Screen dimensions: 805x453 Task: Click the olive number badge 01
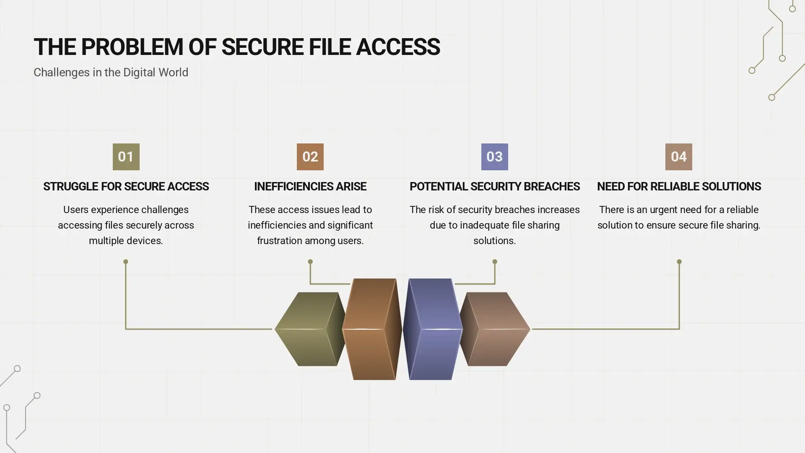pos(126,156)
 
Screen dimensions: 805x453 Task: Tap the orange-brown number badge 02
pos(310,156)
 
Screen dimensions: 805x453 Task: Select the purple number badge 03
pos(494,156)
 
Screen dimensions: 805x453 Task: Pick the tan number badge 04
pos(678,156)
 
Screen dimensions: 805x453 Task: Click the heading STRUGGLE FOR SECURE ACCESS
pos(126,187)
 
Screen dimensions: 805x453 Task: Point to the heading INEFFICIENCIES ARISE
pos(310,187)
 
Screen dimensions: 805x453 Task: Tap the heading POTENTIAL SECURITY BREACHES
pos(494,187)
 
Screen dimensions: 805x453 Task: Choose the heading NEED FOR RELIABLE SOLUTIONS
pos(679,187)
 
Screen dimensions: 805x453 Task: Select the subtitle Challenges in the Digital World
pos(111,73)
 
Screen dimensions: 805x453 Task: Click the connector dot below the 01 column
pos(126,262)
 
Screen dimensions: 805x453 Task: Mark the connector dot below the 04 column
pos(679,262)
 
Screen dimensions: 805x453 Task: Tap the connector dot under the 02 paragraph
pos(310,262)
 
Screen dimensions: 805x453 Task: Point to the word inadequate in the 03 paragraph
pos(484,225)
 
